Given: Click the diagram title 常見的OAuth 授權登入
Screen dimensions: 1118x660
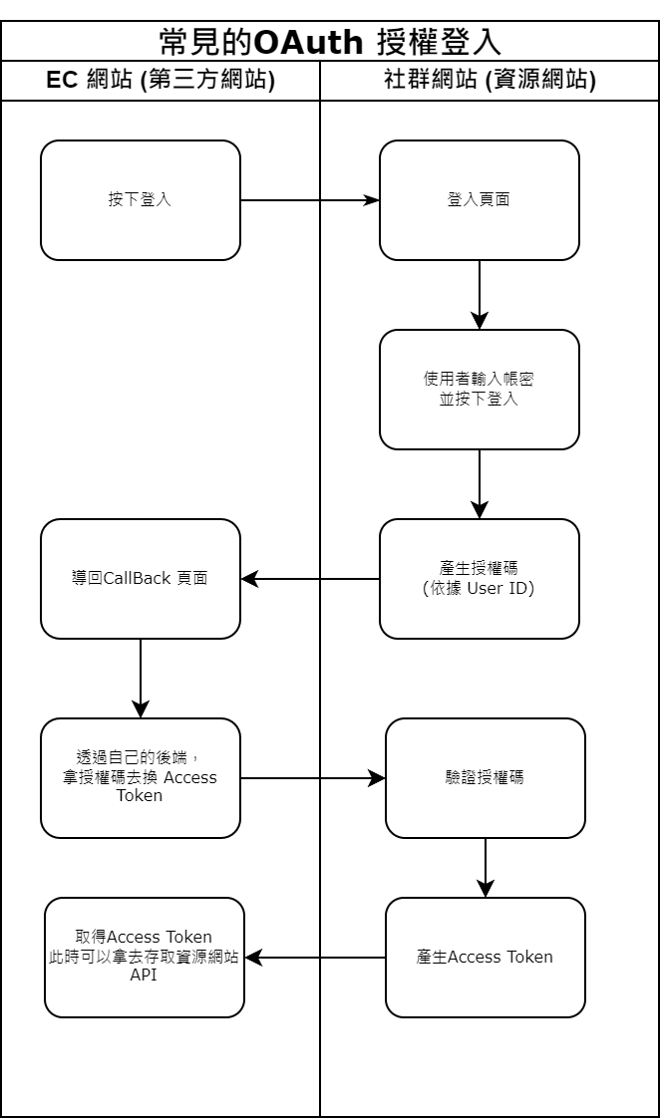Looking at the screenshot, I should pos(330,41).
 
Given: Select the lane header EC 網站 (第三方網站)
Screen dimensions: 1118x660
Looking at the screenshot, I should pos(161,81).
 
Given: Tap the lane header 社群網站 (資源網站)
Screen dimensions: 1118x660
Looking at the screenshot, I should pos(490,81).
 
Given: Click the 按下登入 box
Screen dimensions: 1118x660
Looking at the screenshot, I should pos(141,199).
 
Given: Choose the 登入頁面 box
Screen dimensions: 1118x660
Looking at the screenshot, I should pos(480,199).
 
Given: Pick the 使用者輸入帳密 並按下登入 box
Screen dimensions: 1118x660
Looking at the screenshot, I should pos(480,389).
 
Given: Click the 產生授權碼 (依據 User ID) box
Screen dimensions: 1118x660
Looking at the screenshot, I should pos(480,578).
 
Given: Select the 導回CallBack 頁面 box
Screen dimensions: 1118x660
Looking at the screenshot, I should pos(141,578).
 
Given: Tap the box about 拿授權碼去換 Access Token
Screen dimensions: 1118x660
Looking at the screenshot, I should pos(141,777).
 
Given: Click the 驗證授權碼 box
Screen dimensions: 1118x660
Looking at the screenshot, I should pos(486,777).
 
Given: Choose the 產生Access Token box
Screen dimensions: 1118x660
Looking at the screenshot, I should pos(486,957).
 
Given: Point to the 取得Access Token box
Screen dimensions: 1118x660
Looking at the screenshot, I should pos(145,957).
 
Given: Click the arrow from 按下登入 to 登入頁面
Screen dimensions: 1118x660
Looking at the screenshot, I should pos(309,200).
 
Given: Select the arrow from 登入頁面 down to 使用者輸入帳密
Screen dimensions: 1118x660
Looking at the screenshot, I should pos(480,295).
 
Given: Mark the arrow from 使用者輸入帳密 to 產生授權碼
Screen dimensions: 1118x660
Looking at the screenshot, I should pos(480,484).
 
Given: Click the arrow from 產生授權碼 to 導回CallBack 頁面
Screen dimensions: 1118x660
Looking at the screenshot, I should pos(310,579).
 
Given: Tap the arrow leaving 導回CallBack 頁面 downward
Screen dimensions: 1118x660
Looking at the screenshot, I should pos(141,678).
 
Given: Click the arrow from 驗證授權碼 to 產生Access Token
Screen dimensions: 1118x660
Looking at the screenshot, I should pos(486,867).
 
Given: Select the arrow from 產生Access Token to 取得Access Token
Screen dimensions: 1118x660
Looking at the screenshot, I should pos(315,958).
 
